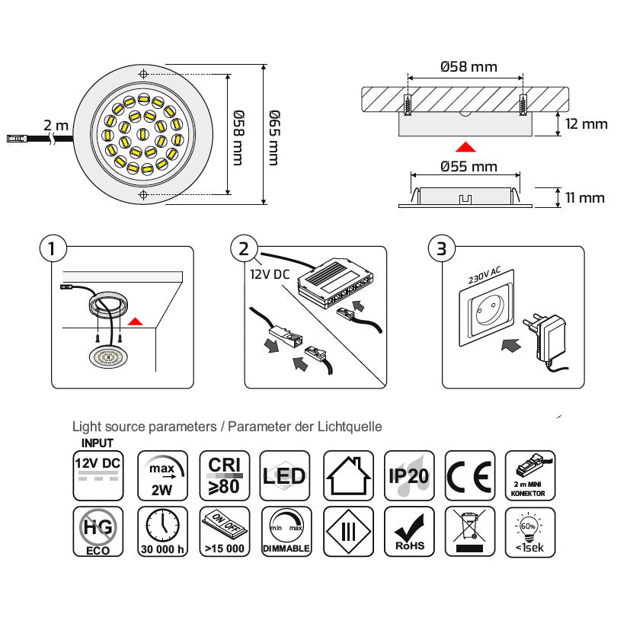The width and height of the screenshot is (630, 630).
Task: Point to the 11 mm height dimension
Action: pyautogui.click(x=584, y=198)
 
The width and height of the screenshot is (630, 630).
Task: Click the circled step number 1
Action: pyautogui.click(x=51, y=248)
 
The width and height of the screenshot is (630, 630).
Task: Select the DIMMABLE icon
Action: pyautogui.click(x=285, y=530)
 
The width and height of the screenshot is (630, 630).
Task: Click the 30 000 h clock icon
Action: pyautogui.click(x=161, y=530)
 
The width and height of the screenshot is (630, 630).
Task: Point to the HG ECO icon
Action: pyautogui.click(x=98, y=530)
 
